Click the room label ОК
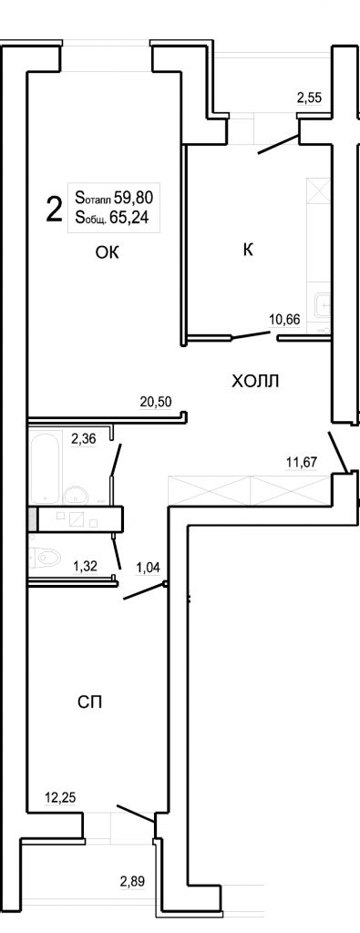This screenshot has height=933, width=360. tap(108, 253)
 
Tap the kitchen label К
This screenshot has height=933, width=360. tap(248, 250)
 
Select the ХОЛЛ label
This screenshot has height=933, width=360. tap(255, 381)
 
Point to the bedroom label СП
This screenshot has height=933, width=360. tap(90, 702)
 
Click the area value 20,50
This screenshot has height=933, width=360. tap(156, 402)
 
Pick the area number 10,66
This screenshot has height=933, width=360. tap(284, 320)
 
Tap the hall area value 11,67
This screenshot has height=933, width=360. tap(303, 460)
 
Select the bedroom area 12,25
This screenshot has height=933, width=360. tap(62, 796)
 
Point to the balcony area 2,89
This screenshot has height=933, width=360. tap(132, 881)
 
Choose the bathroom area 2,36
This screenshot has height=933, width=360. tap(84, 440)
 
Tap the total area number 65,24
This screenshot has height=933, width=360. tap(129, 219)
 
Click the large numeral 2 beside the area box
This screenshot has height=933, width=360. tap(54, 210)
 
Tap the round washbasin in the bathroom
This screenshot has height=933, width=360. tap(76, 493)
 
